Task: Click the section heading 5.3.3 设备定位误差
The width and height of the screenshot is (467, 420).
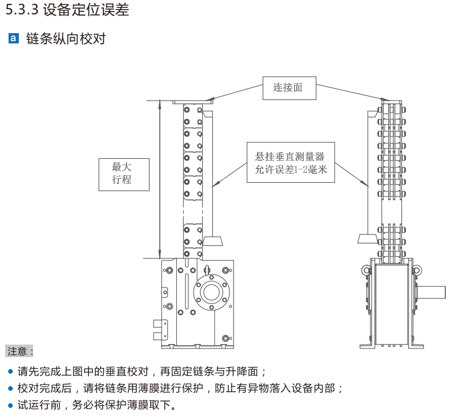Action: click(x=67, y=10)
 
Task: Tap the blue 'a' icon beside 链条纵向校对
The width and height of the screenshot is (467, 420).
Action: click(x=14, y=39)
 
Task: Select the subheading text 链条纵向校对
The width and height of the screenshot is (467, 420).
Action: click(x=66, y=39)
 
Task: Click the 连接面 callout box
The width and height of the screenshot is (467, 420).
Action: click(x=289, y=87)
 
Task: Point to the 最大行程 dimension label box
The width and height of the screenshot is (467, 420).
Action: click(x=123, y=173)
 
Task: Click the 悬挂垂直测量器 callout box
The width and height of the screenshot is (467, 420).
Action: click(x=290, y=162)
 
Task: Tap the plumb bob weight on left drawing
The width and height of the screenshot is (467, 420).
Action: click(x=213, y=240)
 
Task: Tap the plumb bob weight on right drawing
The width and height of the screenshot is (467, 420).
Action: click(x=366, y=238)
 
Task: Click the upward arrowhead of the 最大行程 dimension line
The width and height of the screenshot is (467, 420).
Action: click(x=160, y=105)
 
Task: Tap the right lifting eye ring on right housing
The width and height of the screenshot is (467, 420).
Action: click(x=417, y=269)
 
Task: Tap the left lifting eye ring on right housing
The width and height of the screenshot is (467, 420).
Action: click(x=364, y=269)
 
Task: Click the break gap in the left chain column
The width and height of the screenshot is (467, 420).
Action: click(x=192, y=211)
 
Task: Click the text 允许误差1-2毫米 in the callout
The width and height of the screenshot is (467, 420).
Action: click(x=290, y=170)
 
